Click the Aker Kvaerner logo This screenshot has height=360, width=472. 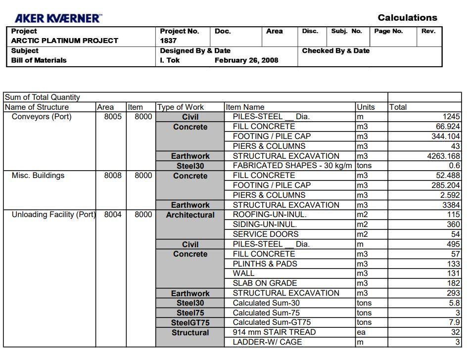tap(57, 18)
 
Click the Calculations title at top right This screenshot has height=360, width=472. tap(407, 18)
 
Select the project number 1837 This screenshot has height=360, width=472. tap(168, 41)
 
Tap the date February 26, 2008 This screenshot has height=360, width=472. tap(246, 60)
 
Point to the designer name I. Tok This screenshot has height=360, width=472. tap(170, 60)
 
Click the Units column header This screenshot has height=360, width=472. tap(366, 107)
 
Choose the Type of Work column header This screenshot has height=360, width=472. tap(180, 107)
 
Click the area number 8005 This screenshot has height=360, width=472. tap(113, 117)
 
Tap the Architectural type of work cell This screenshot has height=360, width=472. tap(190, 215)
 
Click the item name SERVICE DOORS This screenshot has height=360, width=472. tap(265, 234)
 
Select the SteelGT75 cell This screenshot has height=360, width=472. tap(190, 323)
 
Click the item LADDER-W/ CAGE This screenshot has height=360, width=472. tap(267, 342)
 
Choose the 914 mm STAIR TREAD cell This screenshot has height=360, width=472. tap(274, 332)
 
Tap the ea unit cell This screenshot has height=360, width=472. tap(361, 332)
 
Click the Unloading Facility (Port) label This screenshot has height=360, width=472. tap(53, 215)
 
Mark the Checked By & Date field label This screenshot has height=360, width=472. tap(335, 50)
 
